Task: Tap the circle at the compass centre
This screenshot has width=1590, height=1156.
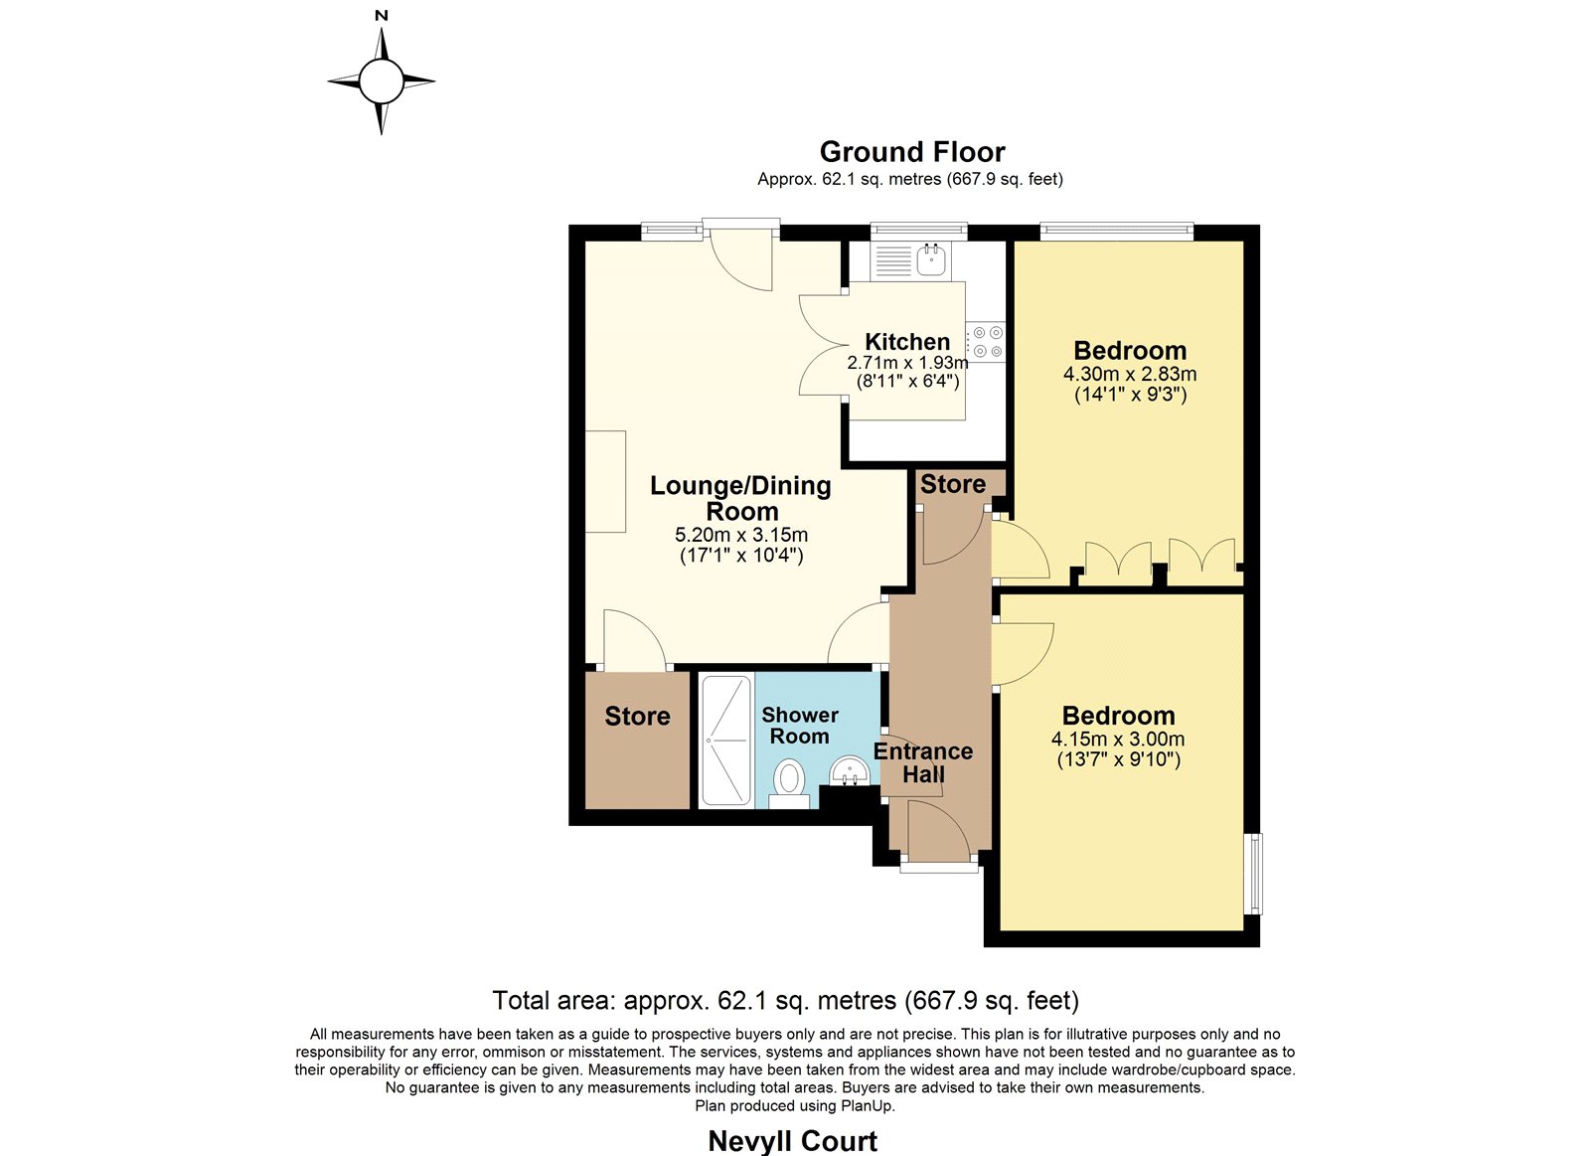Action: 382,82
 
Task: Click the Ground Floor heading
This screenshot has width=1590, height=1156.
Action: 912,152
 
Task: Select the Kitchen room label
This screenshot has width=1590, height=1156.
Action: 907,342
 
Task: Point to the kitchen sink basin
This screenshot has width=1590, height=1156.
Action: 930,259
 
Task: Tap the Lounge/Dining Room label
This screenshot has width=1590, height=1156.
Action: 741,498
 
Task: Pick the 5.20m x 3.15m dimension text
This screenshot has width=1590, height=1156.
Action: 741,535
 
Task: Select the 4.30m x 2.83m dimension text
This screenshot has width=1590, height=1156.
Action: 1130,374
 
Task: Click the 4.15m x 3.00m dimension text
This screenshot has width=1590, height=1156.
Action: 1118,739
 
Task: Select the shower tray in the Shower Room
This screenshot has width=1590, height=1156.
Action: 726,741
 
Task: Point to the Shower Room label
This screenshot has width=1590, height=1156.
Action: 799,726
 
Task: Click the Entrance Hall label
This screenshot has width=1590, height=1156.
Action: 923,762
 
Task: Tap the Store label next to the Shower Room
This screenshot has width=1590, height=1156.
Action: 637,716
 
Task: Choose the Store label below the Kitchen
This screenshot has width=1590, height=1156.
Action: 953,484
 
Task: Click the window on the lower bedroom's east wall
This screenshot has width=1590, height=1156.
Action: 1255,874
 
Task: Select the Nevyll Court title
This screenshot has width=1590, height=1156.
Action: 793,1141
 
